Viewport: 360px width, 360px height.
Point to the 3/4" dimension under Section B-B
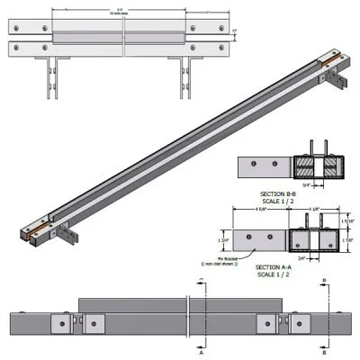click(x=308, y=186)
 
